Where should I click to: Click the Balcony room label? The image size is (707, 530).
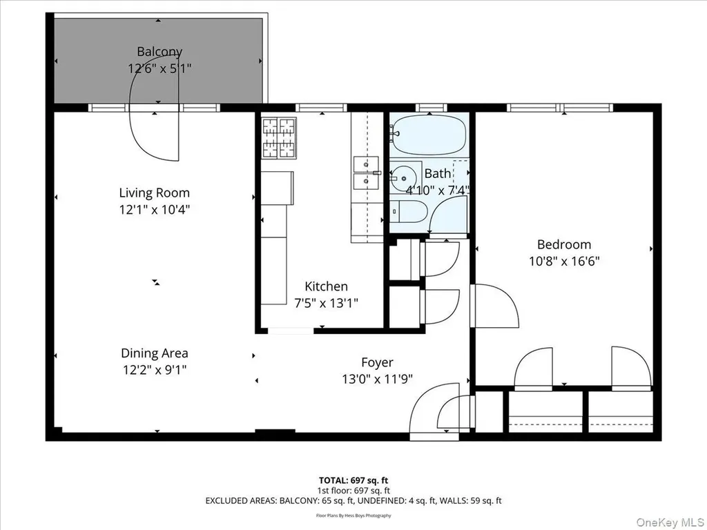(x=159, y=52)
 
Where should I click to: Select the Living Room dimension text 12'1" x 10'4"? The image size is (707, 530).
(x=155, y=210)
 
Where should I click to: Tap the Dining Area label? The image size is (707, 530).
(x=155, y=353)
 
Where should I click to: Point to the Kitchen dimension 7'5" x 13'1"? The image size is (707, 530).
(x=327, y=304)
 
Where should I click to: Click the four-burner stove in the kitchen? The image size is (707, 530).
(x=279, y=138)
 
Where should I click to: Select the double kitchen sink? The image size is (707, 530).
(x=367, y=173)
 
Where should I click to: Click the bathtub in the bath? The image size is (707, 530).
(x=428, y=135)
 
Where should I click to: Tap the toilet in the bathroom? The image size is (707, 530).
(x=408, y=211)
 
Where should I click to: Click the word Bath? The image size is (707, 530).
(x=437, y=173)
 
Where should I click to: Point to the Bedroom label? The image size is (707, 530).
(x=564, y=245)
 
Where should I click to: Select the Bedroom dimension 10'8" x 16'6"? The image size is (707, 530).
(x=564, y=262)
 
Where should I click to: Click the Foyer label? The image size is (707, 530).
(x=378, y=363)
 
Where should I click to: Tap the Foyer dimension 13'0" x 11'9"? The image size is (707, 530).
(x=378, y=380)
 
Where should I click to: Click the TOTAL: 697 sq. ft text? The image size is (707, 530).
(x=353, y=480)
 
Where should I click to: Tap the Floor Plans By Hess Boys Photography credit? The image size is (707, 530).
(x=353, y=516)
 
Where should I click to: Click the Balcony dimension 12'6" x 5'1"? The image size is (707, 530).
(x=159, y=68)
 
